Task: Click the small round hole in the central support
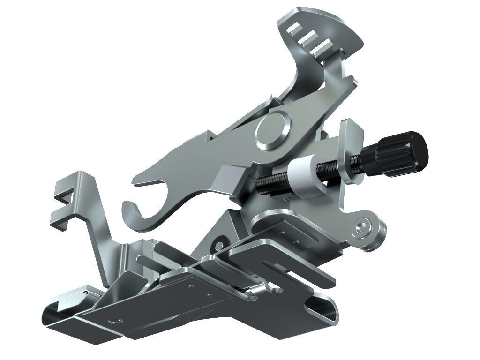pyautogui.click(x=218, y=244)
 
